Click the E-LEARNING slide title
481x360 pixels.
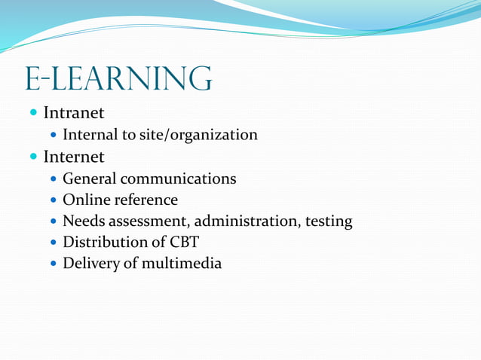pyautogui.click(x=118, y=79)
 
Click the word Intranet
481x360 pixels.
pyautogui.click(x=73, y=113)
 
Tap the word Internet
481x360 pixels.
pyautogui.click(x=73, y=157)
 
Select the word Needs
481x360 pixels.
pyautogui.click(x=83, y=221)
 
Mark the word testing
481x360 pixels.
pyautogui.click(x=327, y=221)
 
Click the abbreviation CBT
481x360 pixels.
pyautogui.click(x=185, y=243)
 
